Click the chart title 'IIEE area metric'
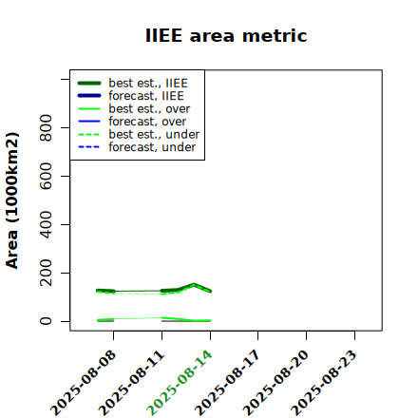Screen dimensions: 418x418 226,35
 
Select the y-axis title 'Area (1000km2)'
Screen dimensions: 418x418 12,200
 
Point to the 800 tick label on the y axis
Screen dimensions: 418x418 46,127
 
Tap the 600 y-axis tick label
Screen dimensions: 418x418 46,176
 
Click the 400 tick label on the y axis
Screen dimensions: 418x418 46,224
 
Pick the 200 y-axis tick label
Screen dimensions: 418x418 46,273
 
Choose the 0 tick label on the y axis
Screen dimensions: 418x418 46,321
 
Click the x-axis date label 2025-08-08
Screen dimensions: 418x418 84,383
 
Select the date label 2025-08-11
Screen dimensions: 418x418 132,383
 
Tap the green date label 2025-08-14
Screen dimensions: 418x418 180,383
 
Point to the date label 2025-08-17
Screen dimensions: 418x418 228,383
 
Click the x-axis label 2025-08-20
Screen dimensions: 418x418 276,383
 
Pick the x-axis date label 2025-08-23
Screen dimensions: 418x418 324,383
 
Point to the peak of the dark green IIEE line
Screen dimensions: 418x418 194,285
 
